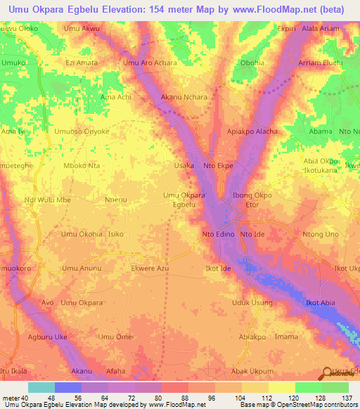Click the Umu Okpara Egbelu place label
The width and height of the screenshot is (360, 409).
[184, 200]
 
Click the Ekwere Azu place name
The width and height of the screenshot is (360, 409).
[150, 268]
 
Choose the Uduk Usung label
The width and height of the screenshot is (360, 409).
[252, 303]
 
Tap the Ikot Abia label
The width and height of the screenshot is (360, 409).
[320, 303]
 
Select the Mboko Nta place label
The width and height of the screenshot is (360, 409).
[82, 166]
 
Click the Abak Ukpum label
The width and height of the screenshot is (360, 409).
[252, 371]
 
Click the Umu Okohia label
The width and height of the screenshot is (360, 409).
[82, 234]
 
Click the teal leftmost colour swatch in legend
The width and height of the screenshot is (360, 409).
[41, 387]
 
